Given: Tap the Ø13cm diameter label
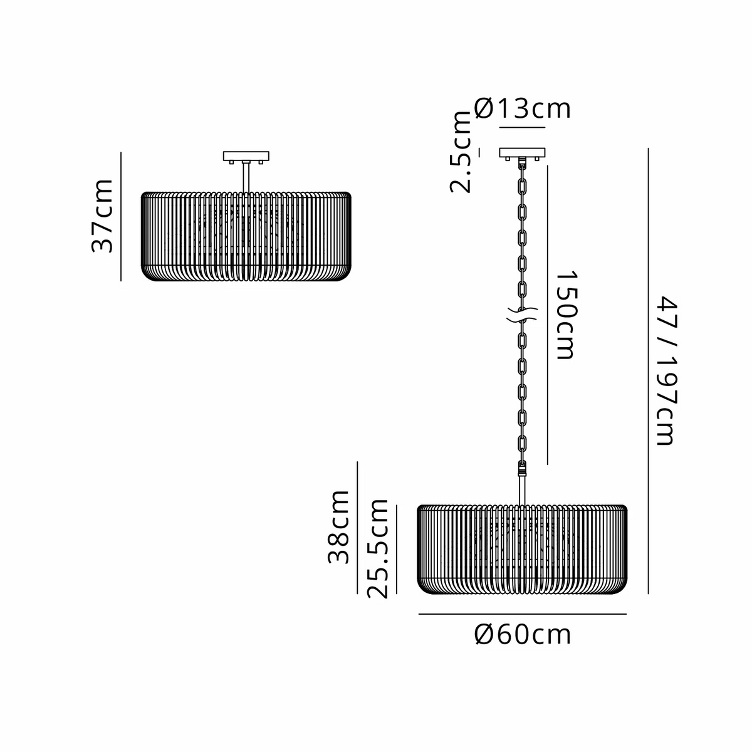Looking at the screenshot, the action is (x=522, y=108).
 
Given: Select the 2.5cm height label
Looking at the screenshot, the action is (x=461, y=152).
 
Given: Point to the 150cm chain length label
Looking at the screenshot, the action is (x=566, y=315).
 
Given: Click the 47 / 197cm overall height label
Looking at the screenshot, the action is (x=667, y=371).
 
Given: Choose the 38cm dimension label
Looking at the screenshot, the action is (x=338, y=527).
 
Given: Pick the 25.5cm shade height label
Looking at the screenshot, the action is (x=377, y=548).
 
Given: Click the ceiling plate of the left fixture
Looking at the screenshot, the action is (x=246, y=157).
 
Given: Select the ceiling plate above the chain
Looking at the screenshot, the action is (x=522, y=152).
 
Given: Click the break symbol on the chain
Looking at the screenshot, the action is (x=522, y=315).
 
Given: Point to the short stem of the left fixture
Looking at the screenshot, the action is (x=246, y=177).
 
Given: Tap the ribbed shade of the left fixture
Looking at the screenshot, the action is (x=246, y=236).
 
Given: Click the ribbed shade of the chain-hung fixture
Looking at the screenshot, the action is (x=522, y=550).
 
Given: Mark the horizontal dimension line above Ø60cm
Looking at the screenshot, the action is (x=523, y=614).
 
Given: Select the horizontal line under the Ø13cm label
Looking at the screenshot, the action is (x=522, y=127).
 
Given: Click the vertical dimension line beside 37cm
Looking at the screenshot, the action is (x=121, y=217).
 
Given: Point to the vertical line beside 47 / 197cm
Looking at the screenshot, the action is (x=648, y=371).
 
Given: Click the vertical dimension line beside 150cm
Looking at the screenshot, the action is (x=548, y=315).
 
